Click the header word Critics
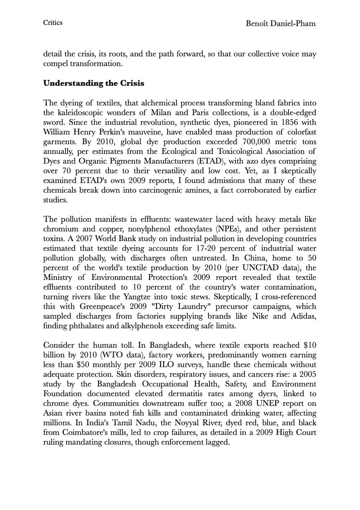[x=53, y=23]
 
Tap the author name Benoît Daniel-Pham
[x=281, y=24]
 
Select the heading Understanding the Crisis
[x=94, y=84]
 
